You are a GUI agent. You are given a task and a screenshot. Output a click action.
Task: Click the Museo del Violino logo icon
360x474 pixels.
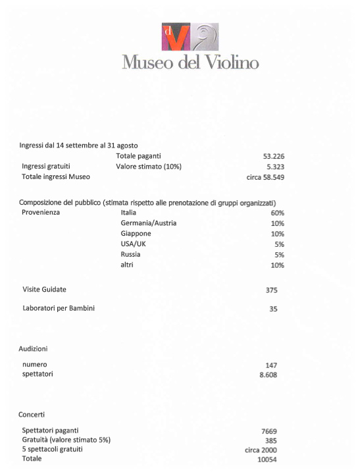pos(190,37)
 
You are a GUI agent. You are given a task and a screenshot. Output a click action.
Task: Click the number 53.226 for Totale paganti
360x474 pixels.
pos(273,156)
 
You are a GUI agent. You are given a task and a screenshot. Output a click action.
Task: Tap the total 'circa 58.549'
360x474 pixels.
pos(265,177)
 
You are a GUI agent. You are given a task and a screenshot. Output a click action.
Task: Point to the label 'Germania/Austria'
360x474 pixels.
pos(149,223)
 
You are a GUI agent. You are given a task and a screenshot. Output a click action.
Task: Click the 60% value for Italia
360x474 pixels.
pos(277,213)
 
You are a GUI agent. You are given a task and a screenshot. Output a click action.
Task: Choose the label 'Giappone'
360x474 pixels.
pos(136,234)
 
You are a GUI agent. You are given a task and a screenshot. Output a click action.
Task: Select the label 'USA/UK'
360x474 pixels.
pos(133,244)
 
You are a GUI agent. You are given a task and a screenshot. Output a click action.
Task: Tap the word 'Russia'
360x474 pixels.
pos(131,255)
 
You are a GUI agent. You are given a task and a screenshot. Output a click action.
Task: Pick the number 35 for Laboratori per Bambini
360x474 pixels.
pos(273,309)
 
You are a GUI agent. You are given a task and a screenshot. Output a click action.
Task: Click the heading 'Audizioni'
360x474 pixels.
pos(33,348)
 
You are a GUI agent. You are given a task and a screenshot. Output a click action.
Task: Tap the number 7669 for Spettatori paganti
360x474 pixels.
pos(272,431)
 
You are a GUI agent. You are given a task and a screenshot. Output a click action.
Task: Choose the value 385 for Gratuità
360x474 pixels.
pos(270,440)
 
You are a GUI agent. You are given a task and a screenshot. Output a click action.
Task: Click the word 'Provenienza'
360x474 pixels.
pos(45,213)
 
